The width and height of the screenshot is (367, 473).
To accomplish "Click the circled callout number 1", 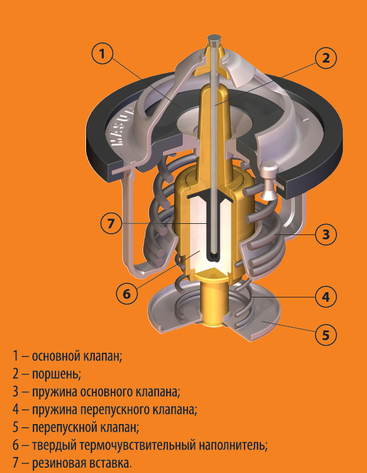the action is [103, 54].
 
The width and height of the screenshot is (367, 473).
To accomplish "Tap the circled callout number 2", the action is [326, 58].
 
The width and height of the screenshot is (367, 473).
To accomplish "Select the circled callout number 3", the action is [326, 234].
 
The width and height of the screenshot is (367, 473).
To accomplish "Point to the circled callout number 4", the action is [326, 297].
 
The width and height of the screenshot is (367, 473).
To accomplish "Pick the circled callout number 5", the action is [326, 335].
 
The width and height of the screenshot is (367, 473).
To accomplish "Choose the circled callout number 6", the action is [127, 293].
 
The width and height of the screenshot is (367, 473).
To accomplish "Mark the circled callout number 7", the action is [111, 223].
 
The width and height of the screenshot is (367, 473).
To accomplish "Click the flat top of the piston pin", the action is [214, 39].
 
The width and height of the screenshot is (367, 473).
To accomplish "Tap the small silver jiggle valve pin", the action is [268, 180].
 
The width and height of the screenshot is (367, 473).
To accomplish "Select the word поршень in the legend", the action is [57, 375].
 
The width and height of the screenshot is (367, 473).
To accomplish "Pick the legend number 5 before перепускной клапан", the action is [16, 428].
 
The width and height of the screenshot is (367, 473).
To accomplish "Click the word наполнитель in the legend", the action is [233, 445].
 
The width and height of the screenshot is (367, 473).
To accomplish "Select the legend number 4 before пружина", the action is [16, 409].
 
